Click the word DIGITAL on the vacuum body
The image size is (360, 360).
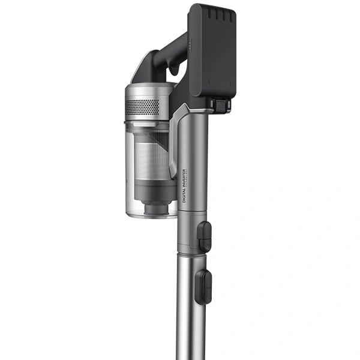click(x=184, y=194)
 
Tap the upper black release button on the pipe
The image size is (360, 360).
click(x=205, y=236)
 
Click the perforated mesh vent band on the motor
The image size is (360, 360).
click(x=142, y=106)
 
